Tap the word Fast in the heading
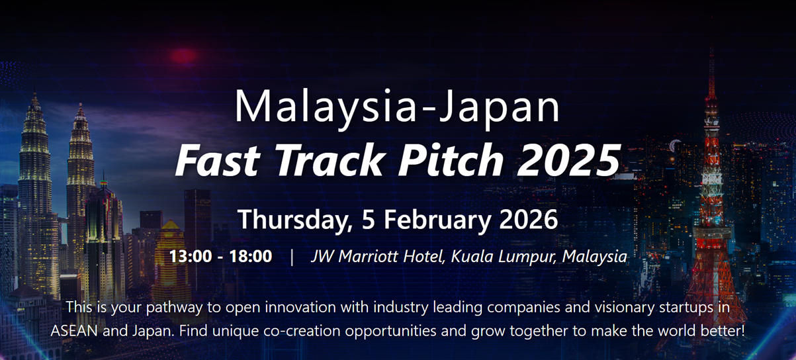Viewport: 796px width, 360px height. pos(218,160)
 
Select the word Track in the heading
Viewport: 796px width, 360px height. pos(329,160)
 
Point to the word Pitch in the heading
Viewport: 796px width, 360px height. pos(450,159)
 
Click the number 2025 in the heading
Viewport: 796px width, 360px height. pos(568,160)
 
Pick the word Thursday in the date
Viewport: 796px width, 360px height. pos(293,220)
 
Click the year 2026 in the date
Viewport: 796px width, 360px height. pos(529,219)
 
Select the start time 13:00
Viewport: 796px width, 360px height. pos(191,256)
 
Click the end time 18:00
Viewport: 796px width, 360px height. pos(251,256)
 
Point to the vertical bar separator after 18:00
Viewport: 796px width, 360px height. pos(292,257)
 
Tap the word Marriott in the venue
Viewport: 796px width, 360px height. pos(368,256)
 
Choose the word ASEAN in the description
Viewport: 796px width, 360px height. pos(74,331)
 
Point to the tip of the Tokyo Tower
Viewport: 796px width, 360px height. pos(711,49)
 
